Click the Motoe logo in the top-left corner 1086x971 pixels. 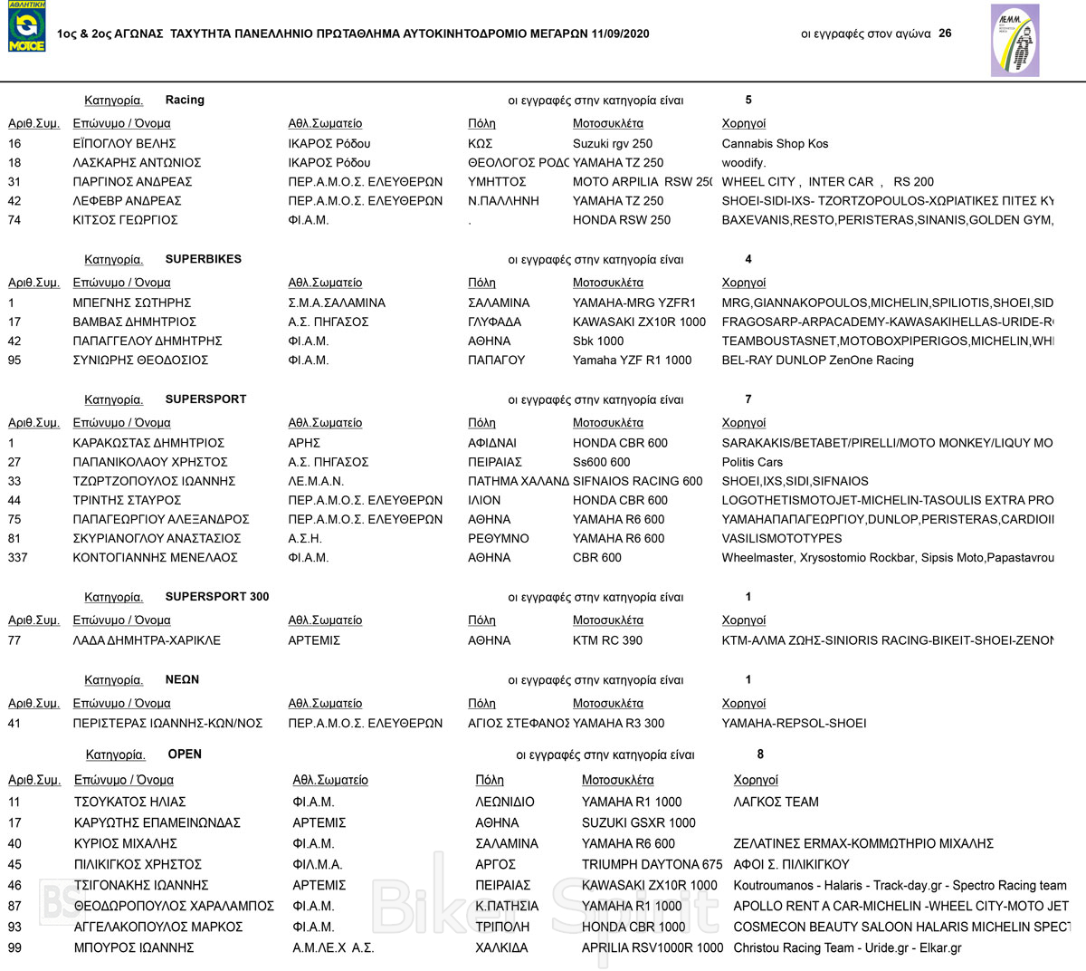click(x=26, y=26)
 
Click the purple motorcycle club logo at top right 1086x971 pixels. click(x=1015, y=40)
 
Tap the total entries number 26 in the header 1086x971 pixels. click(x=945, y=34)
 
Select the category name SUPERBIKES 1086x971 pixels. click(x=204, y=259)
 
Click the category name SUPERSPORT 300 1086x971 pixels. click(x=217, y=597)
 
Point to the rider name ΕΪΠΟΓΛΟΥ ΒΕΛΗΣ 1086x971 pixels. click(x=124, y=144)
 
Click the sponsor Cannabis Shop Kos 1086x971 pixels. click(x=775, y=144)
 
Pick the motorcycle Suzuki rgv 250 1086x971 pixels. click(x=613, y=144)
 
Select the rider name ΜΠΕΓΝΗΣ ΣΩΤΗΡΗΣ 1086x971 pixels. click(x=132, y=303)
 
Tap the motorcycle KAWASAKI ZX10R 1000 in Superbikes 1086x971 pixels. click(x=639, y=322)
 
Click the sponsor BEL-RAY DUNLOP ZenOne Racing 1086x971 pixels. click(x=817, y=361)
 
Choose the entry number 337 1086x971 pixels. click(x=18, y=558)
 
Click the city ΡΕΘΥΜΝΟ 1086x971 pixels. click(x=499, y=539)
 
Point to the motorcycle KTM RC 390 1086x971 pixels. click(x=607, y=640)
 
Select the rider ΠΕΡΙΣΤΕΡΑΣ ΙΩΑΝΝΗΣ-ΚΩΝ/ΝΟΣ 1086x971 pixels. click(x=167, y=724)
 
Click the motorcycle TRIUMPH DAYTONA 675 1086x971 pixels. click(x=652, y=865)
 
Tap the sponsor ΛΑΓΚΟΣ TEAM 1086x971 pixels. click(x=776, y=803)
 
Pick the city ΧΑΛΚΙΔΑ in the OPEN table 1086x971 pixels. click(x=501, y=948)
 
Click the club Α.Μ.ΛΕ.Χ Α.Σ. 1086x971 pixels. click(x=333, y=948)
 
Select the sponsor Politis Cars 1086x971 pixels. click(x=752, y=462)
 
